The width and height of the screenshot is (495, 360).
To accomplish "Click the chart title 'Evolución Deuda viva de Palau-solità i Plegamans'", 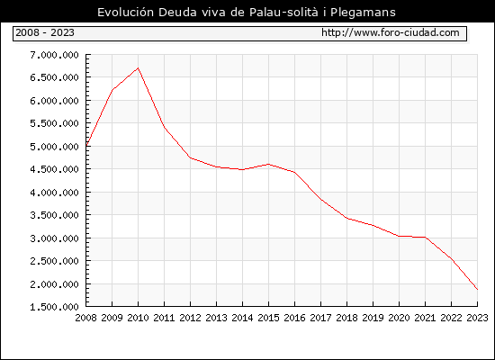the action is (247, 13).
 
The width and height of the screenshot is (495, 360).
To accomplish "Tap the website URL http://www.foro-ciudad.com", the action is (391, 32).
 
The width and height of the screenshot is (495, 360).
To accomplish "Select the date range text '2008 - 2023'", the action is (45, 32).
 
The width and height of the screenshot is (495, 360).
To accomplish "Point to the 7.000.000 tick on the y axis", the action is (54, 55).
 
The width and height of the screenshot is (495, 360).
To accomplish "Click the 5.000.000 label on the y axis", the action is (54, 147).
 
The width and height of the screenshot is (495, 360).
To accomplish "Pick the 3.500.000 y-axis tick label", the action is (54, 215).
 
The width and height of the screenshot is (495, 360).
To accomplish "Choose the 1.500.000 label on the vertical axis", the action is (54, 307).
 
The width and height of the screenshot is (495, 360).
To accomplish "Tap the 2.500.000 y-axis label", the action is (54, 261).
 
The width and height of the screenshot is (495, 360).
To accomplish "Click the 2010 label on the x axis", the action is (138, 318).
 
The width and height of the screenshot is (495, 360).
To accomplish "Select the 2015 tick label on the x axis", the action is (269, 318).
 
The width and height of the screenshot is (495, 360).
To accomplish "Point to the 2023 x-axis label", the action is (477, 318).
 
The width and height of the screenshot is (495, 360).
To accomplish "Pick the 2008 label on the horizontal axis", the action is (85, 318).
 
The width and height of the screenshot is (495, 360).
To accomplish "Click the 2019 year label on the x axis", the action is (373, 318).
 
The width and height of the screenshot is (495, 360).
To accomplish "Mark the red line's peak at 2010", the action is (138, 67).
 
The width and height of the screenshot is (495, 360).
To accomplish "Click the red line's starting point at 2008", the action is (86, 146).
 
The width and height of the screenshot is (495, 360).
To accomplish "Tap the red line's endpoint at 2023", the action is (477, 289).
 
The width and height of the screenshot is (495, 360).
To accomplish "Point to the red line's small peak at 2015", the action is (269, 164).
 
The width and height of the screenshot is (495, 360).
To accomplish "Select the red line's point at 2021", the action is (425, 238).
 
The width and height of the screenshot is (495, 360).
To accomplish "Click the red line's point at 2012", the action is (191, 157).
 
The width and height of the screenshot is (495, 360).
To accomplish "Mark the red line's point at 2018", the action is (346, 218).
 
